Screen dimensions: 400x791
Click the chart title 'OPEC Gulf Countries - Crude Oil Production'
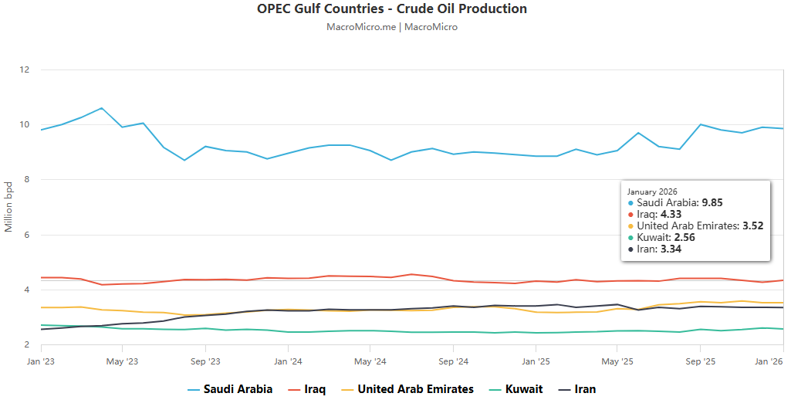click(x=392, y=9)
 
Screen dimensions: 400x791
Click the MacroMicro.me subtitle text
click(x=392, y=27)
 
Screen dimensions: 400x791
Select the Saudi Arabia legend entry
click(x=230, y=389)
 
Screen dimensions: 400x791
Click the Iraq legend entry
click(x=306, y=389)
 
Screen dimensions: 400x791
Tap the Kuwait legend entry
click(x=516, y=389)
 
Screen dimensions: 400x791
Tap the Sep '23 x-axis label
click(x=205, y=361)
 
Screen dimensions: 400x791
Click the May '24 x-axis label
click(x=370, y=361)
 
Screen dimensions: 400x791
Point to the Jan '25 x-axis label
click(x=536, y=361)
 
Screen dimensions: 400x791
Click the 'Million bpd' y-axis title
click(x=8, y=207)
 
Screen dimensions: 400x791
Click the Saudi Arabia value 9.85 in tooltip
click(x=712, y=202)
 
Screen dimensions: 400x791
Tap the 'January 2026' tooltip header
click(x=653, y=192)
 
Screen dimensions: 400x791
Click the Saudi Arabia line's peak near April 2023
click(x=101, y=108)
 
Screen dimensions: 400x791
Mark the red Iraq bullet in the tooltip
click(x=630, y=215)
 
